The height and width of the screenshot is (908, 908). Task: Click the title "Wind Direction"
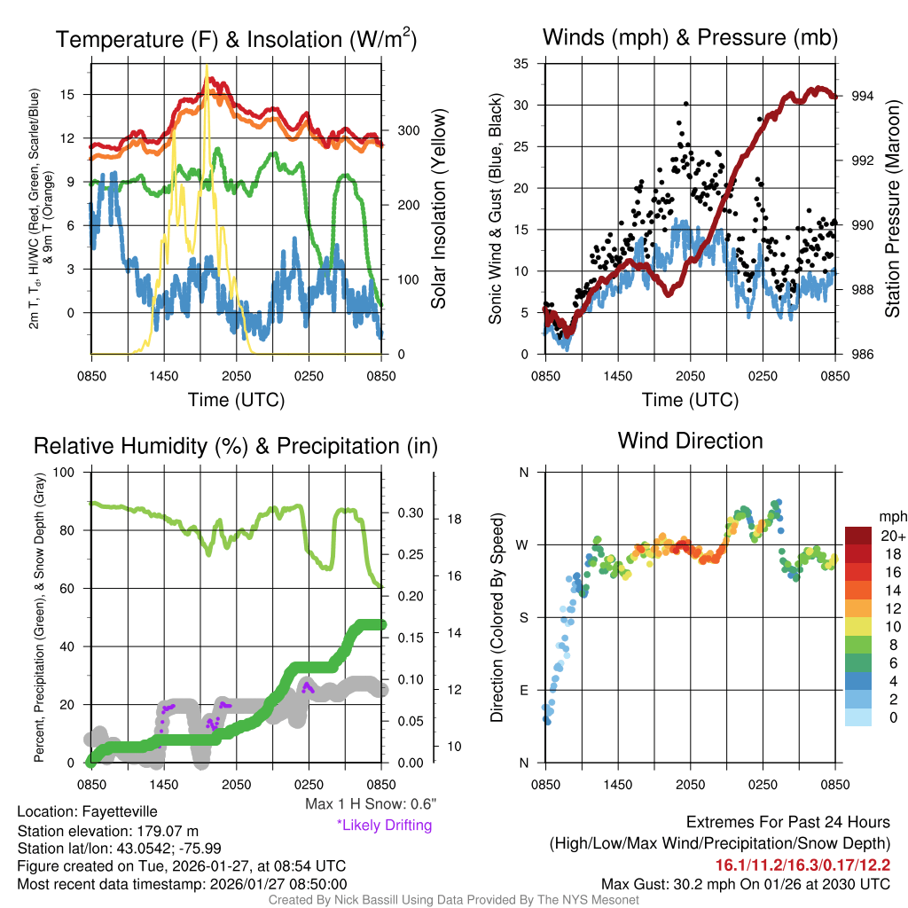click(x=690, y=441)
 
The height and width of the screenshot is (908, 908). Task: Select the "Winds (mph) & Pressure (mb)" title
click(x=690, y=37)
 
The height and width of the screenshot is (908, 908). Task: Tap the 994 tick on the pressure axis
click(x=862, y=96)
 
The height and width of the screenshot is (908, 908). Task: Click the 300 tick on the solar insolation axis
click(x=401, y=130)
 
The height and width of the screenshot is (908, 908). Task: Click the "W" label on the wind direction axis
click(x=523, y=544)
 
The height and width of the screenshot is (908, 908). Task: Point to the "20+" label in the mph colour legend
click(x=890, y=536)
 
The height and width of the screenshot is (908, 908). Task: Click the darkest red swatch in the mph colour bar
click(x=858, y=536)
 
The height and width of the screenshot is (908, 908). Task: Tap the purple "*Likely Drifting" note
click(x=384, y=826)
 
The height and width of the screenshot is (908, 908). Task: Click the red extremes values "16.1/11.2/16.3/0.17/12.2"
click(x=802, y=865)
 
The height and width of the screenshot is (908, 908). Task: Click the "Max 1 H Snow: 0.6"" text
click(x=370, y=804)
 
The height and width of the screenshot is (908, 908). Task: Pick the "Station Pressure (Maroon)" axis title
click(x=892, y=209)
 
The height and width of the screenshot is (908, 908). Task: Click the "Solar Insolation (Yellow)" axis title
click(x=438, y=209)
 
